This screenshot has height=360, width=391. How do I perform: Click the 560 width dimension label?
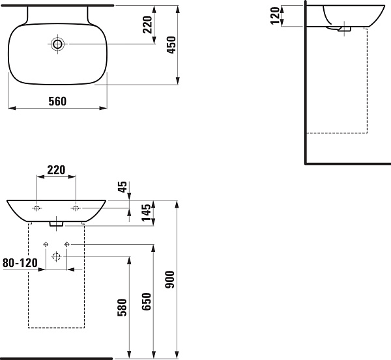(57, 102)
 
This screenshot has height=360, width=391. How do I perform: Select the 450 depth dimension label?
(171, 45)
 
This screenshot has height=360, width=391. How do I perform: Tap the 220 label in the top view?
(147, 25)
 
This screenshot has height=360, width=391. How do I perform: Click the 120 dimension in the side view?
(275, 16)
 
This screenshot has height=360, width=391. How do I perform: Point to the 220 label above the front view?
(56, 170)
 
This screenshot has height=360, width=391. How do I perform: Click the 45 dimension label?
(123, 187)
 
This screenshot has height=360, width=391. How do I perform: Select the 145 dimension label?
(147, 212)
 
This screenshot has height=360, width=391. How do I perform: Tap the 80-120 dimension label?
(20, 262)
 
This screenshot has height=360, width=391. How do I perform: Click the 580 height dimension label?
(123, 307)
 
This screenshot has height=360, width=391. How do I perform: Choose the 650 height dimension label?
(147, 301)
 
